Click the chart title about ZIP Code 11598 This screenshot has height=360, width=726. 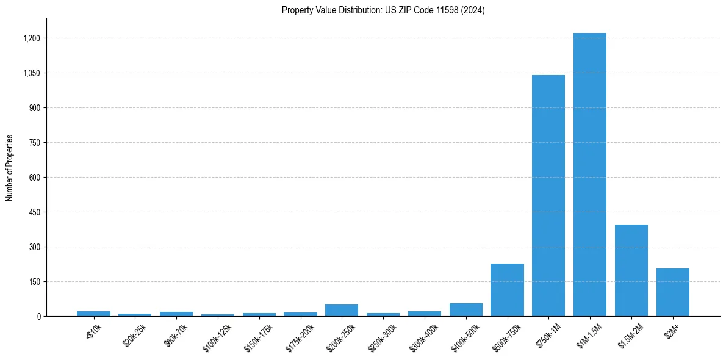click(383, 10)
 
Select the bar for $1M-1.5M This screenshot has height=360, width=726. click(590, 175)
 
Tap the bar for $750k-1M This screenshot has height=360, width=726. click(548, 195)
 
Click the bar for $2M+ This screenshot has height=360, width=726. click(673, 292)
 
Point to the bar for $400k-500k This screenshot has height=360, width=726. click(466, 309)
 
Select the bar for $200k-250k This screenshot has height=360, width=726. click(342, 310)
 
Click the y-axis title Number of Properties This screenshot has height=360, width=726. click(10, 168)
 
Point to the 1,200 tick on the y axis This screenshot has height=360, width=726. click(32, 38)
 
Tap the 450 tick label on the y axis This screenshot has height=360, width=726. click(34, 212)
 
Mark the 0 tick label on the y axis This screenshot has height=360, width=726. click(38, 316)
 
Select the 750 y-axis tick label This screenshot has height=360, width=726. click(34, 143)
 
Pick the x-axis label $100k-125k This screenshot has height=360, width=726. click(217, 337)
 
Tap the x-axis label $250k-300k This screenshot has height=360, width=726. click(383, 337)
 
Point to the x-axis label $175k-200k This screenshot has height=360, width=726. click(300, 337)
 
